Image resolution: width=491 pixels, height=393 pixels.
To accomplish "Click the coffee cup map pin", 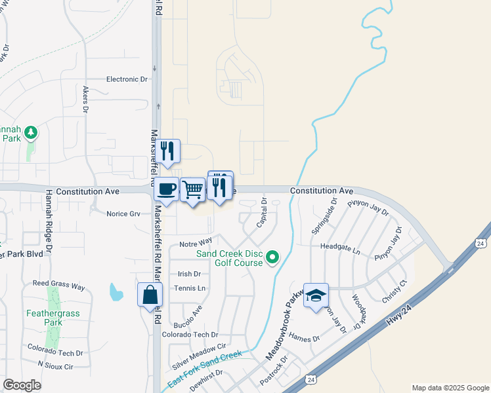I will [x=167, y=188].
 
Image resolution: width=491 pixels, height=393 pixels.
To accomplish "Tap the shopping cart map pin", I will [x=192, y=190].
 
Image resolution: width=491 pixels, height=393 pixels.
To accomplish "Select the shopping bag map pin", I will [x=150, y=294].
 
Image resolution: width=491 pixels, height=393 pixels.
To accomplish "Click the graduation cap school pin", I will [x=316, y=295].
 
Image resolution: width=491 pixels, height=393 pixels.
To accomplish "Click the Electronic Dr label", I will [x=127, y=79].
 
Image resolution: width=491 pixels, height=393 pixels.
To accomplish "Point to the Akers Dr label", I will [x=85, y=99].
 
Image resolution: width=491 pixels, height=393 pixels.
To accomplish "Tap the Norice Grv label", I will [x=123, y=214].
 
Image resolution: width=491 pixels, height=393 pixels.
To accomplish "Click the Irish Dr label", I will [x=189, y=274].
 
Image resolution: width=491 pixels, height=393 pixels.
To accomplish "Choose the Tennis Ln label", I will [x=190, y=288].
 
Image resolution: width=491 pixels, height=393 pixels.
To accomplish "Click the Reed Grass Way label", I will [x=59, y=287].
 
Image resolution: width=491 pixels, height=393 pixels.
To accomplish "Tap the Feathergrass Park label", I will [x=53, y=318].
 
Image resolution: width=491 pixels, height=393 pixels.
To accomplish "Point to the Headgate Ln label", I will [x=340, y=250].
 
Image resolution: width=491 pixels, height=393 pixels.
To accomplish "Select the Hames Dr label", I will [x=304, y=339].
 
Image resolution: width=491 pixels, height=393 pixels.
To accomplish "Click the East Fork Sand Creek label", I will [x=204, y=372].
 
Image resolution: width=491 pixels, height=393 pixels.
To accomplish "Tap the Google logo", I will [x=22, y=385].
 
